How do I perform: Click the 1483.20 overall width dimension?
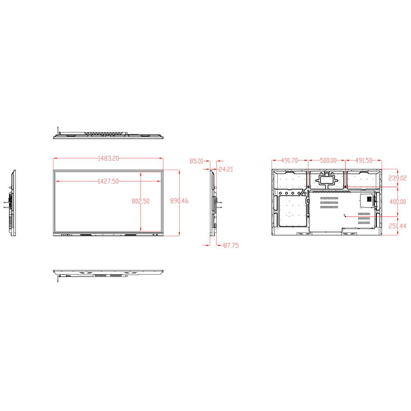tap(108, 158)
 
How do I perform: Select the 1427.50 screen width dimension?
tap(108, 181)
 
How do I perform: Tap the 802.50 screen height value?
tap(141, 201)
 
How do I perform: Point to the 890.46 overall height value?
tap(179, 201)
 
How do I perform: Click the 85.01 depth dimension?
tap(196, 161)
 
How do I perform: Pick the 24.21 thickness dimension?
tap(226, 169)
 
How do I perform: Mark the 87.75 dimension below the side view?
tap(231, 245)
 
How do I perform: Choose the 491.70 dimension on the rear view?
tap(290, 161)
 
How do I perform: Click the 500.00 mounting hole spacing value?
tap(328, 161)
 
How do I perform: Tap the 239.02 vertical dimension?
tap(397, 178)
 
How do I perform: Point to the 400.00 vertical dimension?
tap(397, 202)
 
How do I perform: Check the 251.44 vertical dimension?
tap(397, 226)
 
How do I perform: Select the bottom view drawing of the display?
tap(109, 273)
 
